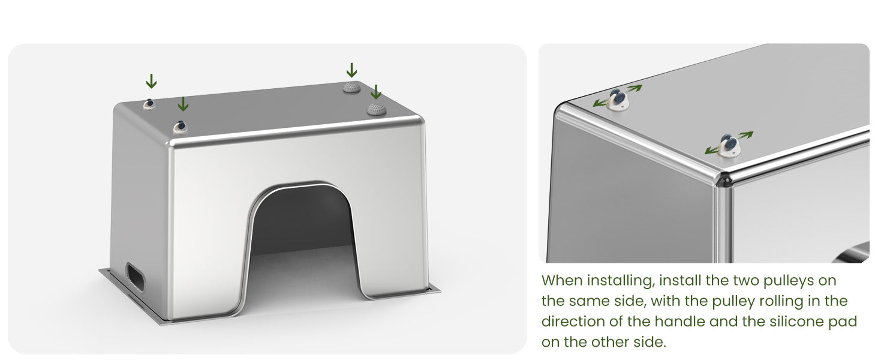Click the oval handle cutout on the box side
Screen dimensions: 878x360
click(x=136, y=277)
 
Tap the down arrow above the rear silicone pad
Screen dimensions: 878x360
click(x=351, y=70)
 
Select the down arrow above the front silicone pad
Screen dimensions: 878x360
click(x=376, y=91)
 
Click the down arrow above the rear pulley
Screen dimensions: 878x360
click(x=151, y=81)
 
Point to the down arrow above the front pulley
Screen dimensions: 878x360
click(x=183, y=104)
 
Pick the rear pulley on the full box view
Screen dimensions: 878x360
click(x=149, y=104)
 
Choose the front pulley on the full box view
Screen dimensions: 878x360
click(x=181, y=127)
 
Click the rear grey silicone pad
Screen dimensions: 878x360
click(x=351, y=88)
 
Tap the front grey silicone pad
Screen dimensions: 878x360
click(x=376, y=109)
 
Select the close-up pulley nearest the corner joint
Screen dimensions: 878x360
click(x=729, y=145)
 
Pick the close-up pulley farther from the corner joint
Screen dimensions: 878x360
click(x=618, y=99)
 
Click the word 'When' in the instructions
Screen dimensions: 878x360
click(x=561, y=280)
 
